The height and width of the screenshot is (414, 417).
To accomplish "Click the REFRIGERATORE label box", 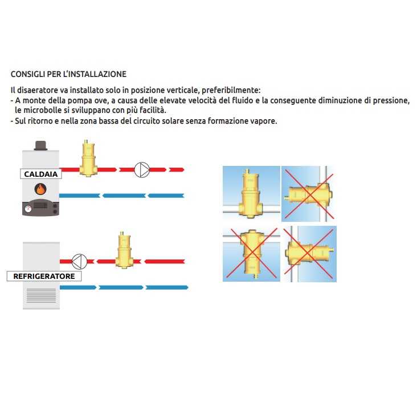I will click(x=44, y=277).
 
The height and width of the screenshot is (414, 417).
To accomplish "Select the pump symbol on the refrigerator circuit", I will click(x=79, y=261).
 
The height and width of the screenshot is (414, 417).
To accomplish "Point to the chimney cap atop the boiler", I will click(x=41, y=145).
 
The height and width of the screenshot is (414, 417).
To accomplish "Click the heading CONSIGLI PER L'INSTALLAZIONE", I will click(x=68, y=74).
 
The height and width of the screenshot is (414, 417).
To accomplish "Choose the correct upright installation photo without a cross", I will click(x=251, y=192).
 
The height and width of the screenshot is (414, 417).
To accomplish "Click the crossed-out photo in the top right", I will click(x=308, y=192).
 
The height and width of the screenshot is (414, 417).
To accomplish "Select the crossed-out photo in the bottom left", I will click(x=251, y=253).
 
